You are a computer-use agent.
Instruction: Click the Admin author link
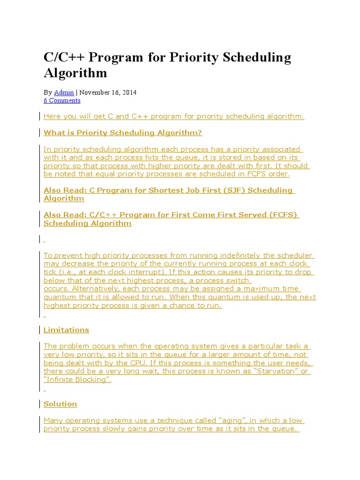tap(64, 92)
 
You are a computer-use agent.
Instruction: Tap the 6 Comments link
tap(62, 100)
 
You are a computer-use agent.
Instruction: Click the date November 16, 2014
tap(108, 92)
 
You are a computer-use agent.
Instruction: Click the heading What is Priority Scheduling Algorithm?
tap(123, 133)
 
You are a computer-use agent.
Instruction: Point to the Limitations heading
tap(66, 330)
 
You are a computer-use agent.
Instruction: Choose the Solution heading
tap(60, 404)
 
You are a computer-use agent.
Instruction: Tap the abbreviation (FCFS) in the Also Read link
tap(284, 215)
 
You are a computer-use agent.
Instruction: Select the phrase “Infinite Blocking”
tap(77, 380)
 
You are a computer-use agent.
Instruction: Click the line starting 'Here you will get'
tap(173, 116)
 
